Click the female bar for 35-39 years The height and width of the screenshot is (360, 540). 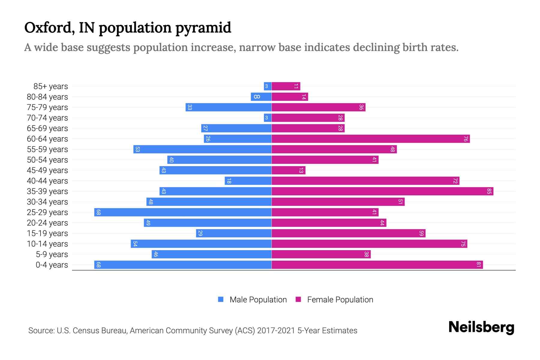pos(382,191)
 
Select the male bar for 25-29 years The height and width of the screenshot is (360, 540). pos(183,212)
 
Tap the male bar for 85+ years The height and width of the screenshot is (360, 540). pos(268,86)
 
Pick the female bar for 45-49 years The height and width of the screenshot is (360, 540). pos(288,170)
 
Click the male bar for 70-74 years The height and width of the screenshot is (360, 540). pos(268,118)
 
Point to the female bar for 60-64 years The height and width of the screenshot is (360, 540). pos(370,139)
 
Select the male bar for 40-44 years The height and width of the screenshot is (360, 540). pos(248,181)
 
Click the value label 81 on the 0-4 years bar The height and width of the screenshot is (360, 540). pos(478,265)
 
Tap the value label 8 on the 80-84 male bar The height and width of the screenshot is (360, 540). pos(257,97)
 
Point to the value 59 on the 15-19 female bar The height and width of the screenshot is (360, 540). pos(421,233)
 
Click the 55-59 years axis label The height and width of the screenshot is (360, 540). pos(47,149)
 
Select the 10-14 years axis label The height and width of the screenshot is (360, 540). pos(47,244)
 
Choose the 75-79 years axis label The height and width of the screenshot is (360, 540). pos(47,107)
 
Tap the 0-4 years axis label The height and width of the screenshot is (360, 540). pos(52,265)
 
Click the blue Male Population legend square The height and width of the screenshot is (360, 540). pos(221,299)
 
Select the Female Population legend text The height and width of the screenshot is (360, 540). pos(340,300)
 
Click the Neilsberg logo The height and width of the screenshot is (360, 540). pos(481,327)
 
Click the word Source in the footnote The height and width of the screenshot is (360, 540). pos(41,331)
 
